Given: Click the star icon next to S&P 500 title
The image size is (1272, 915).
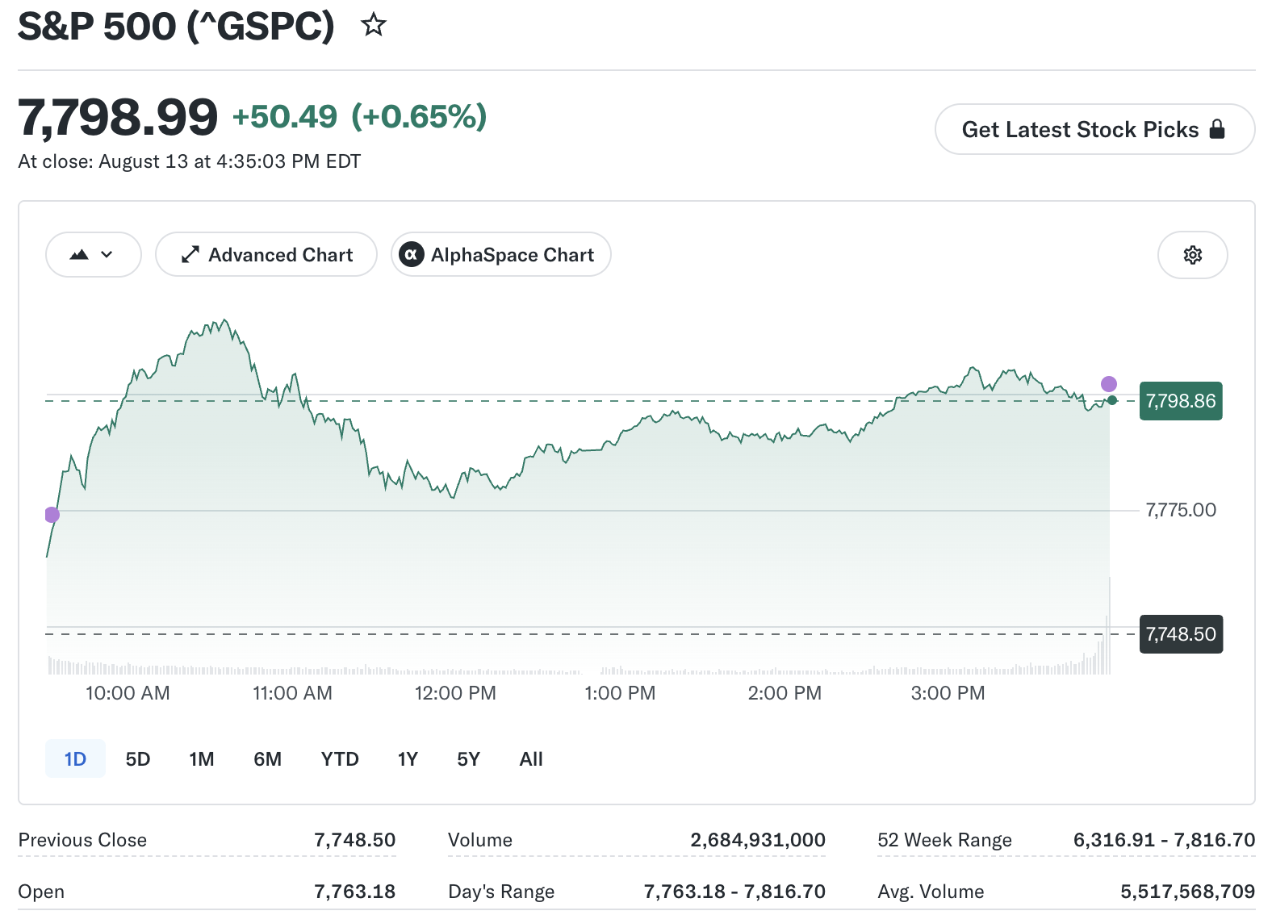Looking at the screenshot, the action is pyautogui.click(x=374, y=25).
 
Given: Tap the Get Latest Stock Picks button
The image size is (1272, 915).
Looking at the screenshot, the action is pyautogui.click(x=1094, y=129).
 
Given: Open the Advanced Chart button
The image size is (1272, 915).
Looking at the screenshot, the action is pyautogui.click(x=266, y=255).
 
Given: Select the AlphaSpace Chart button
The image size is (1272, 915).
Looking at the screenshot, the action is pyautogui.click(x=501, y=255).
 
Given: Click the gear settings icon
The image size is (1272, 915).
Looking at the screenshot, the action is pyautogui.click(x=1193, y=255).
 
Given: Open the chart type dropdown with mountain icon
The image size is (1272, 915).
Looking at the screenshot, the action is pyautogui.click(x=93, y=255).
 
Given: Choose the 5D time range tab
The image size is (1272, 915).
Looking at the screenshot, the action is pyautogui.click(x=137, y=759).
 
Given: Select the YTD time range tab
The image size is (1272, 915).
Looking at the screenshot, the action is pyautogui.click(x=340, y=759).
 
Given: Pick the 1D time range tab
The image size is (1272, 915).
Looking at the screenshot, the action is pyautogui.click(x=75, y=759).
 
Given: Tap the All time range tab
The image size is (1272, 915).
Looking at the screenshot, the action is pyautogui.click(x=531, y=759).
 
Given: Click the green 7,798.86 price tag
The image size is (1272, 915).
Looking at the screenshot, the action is pyautogui.click(x=1181, y=401).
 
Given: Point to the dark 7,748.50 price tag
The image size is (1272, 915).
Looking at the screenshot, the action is pyautogui.click(x=1181, y=634).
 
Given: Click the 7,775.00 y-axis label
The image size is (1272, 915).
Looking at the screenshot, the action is pyautogui.click(x=1181, y=510).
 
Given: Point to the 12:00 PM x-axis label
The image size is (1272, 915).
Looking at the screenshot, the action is pyautogui.click(x=455, y=693).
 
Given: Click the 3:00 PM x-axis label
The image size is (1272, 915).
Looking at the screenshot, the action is pyautogui.click(x=948, y=693).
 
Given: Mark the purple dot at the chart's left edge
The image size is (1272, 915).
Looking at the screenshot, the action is pyautogui.click(x=52, y=515).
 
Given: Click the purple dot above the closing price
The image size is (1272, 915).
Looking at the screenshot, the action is pyautogui.click(x=1108, y=384).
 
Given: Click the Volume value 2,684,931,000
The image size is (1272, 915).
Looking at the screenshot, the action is pyautogui.click(x=758, y=839).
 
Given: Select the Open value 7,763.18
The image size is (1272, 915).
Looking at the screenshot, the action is pyautogui.click(x=355, y=891).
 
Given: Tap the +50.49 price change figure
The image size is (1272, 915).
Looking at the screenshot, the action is pyautogui.click(x=284, y=116).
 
